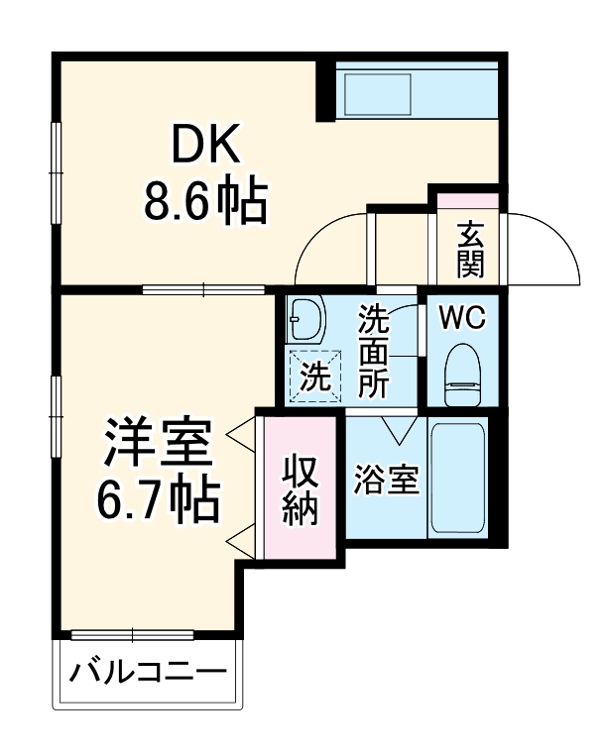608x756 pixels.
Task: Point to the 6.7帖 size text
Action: click(159, 502)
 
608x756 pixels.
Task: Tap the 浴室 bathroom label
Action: click(386, 481)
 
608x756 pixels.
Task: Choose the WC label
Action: click(462, 319)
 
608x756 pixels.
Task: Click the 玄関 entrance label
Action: click(471, 249)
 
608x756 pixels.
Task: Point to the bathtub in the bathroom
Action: click(457, 481)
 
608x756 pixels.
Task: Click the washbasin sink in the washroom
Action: click(306, 319)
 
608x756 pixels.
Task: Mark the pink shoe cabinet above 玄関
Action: click(469, 200)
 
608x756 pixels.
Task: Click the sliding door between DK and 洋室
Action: click(203, 290)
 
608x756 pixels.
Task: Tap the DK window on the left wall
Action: click(56, 159)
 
